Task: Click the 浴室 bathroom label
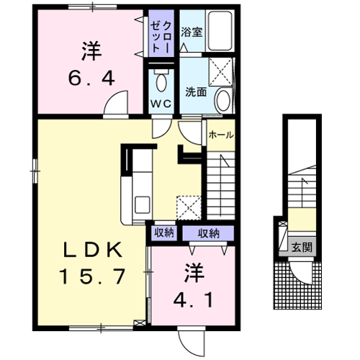[192, 32]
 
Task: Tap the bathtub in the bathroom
[220, 31]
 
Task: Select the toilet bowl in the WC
[161, 81]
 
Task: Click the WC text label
[161, 104]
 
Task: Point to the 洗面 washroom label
[196, 91]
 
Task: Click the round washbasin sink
[223, 101]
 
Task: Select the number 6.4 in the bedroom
[91, 79]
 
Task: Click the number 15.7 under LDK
[93, 276]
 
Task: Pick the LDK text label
[93, 250]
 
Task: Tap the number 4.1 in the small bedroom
[194, 301]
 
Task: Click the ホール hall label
[221, 135]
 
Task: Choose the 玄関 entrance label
[302, 247]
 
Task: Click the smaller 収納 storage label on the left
[164, 233]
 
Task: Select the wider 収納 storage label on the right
[209, 233]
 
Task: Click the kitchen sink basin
[143, 204]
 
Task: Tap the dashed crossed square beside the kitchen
[189, 207]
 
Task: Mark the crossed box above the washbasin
[221, 72]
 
